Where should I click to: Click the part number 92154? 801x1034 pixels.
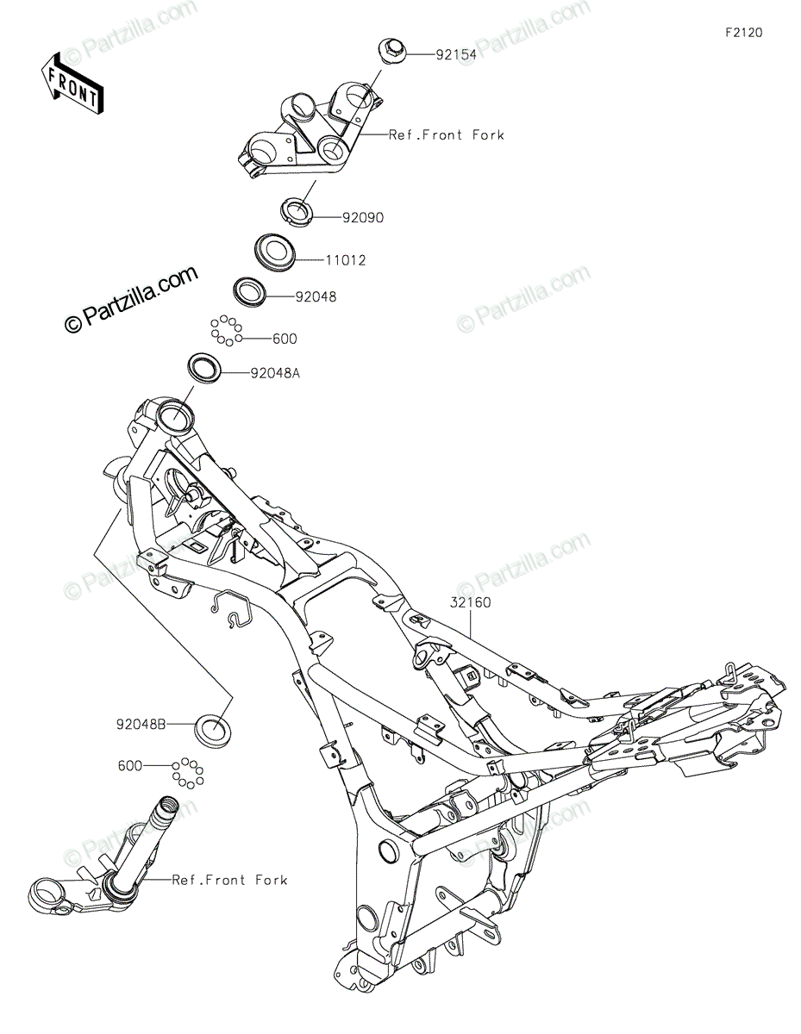tap(432, 53)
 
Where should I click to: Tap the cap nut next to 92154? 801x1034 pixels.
tap(392, 50)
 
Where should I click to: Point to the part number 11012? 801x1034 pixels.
tap(345, 260)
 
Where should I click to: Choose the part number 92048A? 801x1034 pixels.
tap(276, 373)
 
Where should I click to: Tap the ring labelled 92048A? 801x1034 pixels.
tap(207, 366)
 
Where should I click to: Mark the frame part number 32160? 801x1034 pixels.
tap(469, 602)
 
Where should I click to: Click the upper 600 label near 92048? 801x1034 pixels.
tap(285, 339)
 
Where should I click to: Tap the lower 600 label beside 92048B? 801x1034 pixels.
tap(132, 764)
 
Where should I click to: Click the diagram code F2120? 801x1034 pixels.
tap(743, 33)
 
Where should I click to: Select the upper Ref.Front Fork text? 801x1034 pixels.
tap(446, 135)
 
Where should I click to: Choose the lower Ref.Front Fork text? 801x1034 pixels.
tap(229, 880)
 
